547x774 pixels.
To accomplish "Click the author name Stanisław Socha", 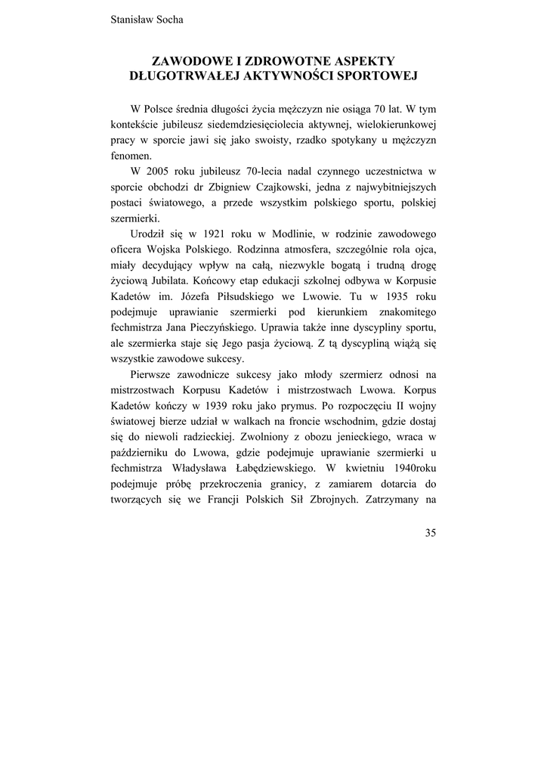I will coord(147,20).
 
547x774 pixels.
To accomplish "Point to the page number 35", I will coord(430,532).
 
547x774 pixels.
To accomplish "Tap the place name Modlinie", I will coord(281,235).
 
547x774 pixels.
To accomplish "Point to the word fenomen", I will coord(131,156).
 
